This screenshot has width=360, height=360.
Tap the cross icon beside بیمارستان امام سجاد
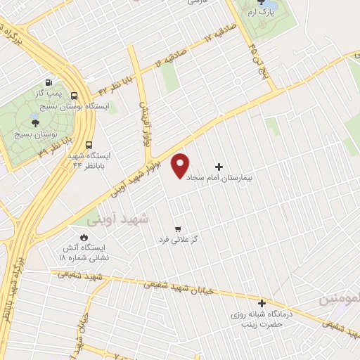click(219, 167)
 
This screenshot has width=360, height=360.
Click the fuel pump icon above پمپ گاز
click(49, 82)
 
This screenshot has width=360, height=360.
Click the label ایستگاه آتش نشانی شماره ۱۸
click(84, 253)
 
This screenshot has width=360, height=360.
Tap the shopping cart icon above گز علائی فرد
click(178, 229)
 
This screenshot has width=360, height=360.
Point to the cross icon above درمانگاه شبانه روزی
click(262, 303)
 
